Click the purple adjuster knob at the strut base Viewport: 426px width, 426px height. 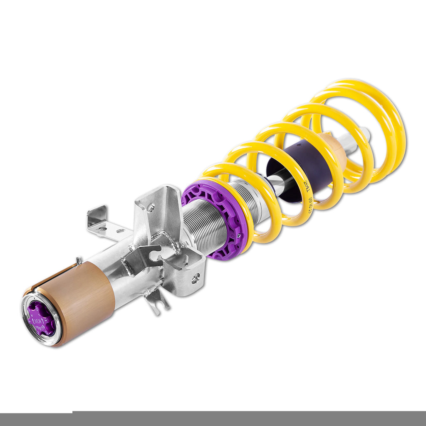[x=41, y=319]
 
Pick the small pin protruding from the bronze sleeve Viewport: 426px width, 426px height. [x=78, y=261]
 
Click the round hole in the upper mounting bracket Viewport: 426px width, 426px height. [x=150, y=206]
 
